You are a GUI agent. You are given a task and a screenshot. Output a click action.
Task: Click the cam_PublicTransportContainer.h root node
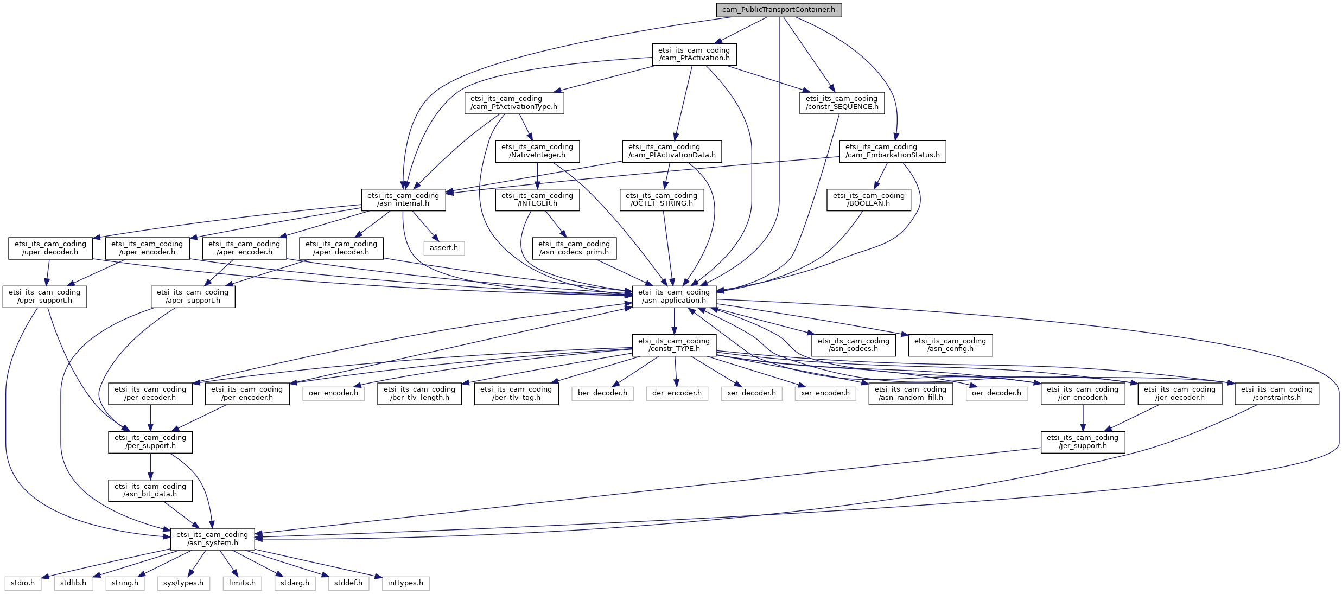[779, 10]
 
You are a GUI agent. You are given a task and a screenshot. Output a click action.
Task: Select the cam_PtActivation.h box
[694, 54]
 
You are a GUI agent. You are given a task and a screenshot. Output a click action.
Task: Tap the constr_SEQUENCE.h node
[842, 103]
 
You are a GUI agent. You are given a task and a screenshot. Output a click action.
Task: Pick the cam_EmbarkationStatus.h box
[893, 151]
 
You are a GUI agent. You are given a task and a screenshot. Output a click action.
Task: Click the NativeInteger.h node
[537, 151]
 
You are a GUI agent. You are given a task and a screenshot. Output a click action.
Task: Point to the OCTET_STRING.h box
[662, 200]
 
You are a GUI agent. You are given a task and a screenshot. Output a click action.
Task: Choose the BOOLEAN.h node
[869, 200]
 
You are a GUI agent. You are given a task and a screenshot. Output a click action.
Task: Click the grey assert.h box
[444, 248]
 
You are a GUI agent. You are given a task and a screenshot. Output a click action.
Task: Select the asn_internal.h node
[403, 200]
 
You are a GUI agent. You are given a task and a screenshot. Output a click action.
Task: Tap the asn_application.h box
[674, 297]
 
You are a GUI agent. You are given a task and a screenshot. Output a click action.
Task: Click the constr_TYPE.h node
[674, 345]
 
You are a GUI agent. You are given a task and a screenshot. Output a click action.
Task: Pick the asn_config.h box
[950, 345]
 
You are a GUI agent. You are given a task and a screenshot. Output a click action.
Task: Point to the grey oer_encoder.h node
[333, 393]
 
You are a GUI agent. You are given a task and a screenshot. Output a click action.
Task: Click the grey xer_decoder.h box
[751, 393]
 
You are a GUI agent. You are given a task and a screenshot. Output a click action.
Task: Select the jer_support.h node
[1083, 442]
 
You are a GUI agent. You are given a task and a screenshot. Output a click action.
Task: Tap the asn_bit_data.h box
[150, 490]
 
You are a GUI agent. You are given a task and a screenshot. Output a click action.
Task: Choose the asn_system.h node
[213, 539]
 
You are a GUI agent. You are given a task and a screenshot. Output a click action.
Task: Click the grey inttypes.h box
[405, 583]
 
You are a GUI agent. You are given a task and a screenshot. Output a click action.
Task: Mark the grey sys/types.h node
[183, 583]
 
